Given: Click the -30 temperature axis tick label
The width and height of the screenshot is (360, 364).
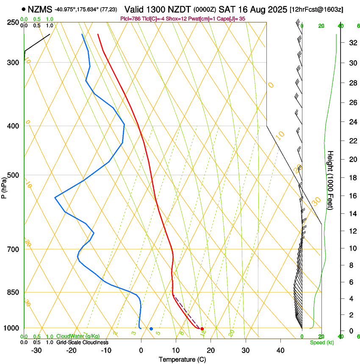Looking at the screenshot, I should pos(36,350).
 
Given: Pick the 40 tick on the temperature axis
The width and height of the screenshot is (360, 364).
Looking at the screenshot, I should pos(280,350).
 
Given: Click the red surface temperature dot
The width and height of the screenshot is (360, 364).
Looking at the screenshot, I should pos(202,329).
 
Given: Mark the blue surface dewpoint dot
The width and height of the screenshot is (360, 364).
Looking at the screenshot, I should pos(151,329).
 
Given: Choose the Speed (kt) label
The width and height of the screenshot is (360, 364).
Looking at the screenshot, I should pos(321,342).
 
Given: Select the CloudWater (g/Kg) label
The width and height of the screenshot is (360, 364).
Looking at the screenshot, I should pos(78,336).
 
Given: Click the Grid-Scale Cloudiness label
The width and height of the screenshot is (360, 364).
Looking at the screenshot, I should pos(82,342).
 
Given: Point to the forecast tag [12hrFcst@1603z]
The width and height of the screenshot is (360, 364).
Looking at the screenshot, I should pos(316,9).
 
